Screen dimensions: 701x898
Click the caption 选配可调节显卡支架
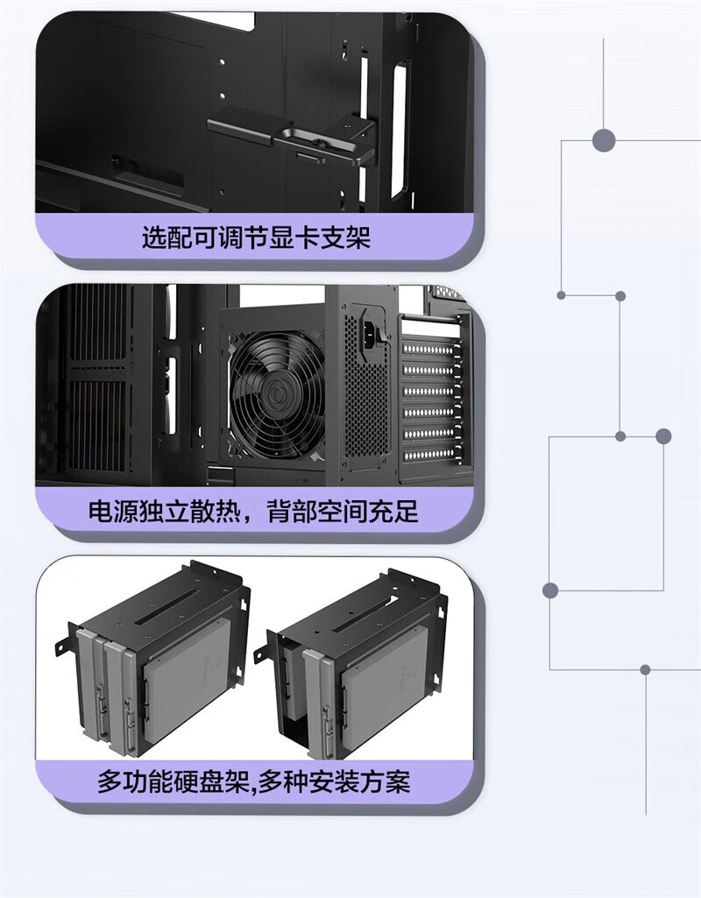pos(256,237)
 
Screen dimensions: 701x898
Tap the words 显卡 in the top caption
pos(302,237)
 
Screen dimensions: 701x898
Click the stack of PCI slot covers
pos(429,394)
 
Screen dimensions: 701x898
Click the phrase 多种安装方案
pos(333,781)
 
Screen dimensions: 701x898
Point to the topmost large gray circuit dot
pos(604,139)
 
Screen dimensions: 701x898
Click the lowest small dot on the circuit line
pos(645,669)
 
